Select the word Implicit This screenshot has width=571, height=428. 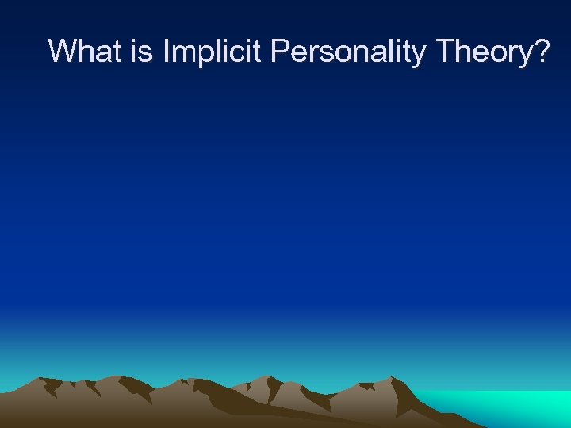213,52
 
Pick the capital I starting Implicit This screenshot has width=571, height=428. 167,52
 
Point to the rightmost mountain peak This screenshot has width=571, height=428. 397,380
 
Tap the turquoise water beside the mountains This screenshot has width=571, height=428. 508,406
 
